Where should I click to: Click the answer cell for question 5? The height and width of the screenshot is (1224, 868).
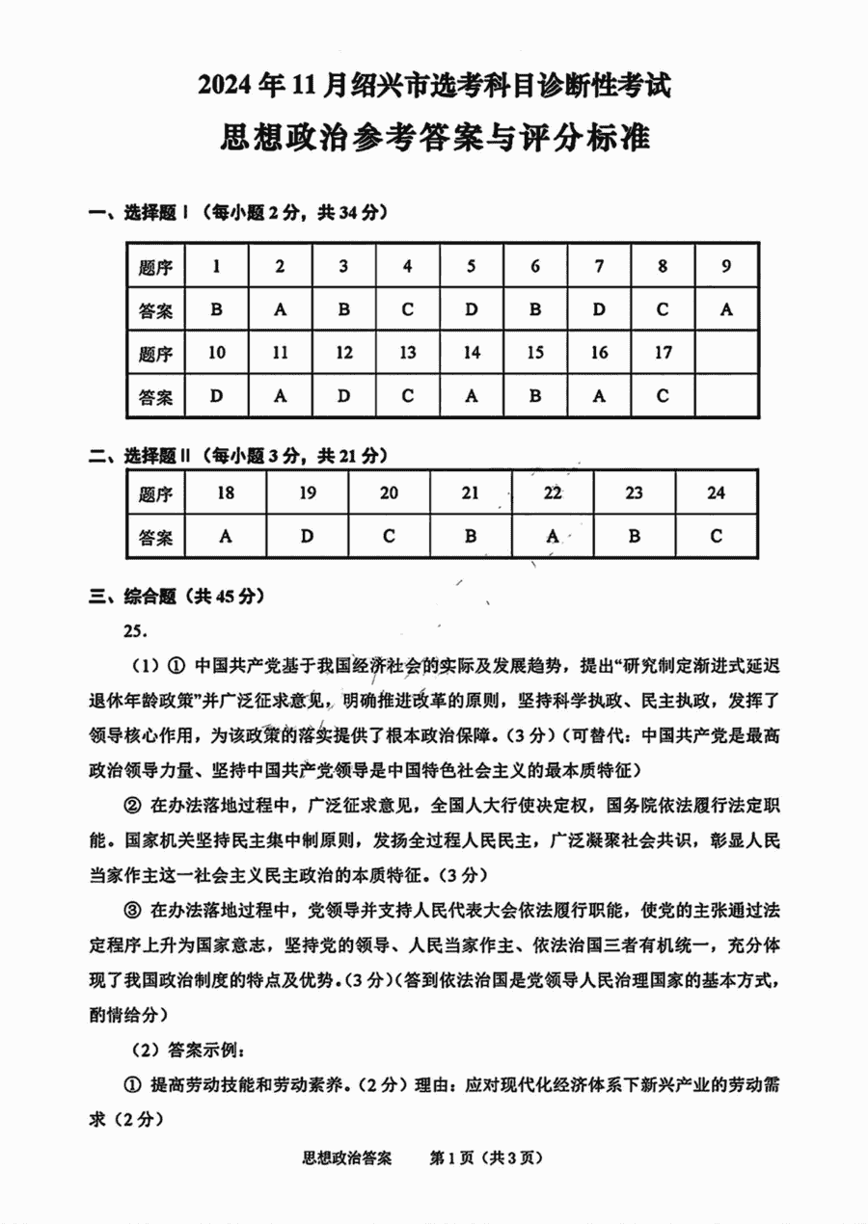pos(471,310)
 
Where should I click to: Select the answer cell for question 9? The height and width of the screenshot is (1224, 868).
pos(726,310)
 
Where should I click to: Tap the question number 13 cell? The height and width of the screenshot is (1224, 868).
pos(407,353)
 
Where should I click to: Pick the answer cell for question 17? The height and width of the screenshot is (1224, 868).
pos(663,396)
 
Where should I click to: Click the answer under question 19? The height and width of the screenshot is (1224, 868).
pos(307,536)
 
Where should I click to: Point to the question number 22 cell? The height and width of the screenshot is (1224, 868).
pos(552,493)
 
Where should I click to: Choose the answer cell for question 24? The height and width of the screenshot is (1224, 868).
pos(716,536)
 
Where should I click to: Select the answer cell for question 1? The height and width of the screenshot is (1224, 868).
pos(216,310)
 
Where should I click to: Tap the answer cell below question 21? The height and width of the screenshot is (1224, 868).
pos(470,536)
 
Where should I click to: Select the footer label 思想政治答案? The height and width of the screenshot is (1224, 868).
pos(347,1157)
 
